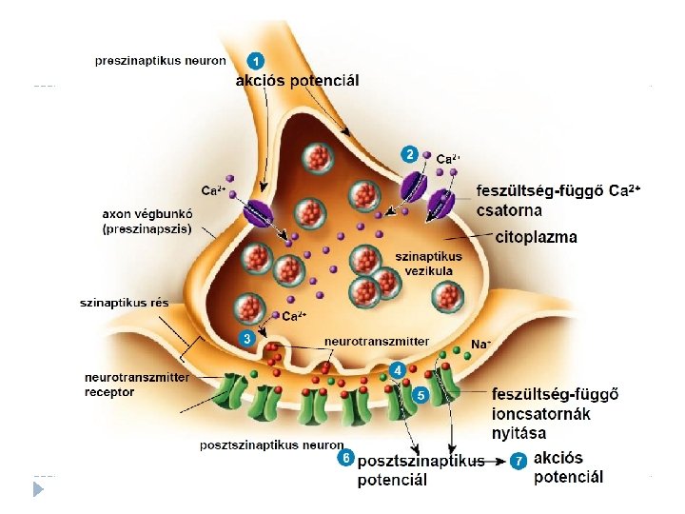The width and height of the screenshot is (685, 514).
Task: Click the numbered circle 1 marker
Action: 257,59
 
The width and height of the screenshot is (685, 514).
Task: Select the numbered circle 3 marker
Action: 247,337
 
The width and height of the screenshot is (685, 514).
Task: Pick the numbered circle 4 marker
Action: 398,368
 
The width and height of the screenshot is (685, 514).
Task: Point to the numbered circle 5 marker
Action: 420,393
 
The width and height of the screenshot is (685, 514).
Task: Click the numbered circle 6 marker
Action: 347,459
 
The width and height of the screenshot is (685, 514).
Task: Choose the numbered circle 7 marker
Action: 519,461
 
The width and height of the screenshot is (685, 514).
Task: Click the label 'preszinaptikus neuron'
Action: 161,60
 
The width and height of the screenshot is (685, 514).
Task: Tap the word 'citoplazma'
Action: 537,237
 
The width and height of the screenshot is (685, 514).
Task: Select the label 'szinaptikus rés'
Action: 124,303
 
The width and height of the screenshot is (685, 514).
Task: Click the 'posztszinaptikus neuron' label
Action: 271,445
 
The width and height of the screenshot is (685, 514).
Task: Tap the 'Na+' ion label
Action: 481,344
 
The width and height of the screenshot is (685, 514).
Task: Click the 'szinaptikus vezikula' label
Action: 428,263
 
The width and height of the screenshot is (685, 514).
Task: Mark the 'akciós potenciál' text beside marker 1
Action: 298,81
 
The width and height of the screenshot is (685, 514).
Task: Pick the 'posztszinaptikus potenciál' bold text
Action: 420,470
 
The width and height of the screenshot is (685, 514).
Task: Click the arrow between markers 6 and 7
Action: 497,461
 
